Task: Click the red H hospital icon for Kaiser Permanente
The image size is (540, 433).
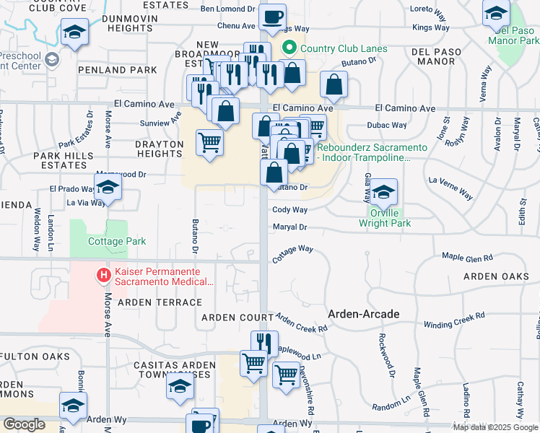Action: click(x=104, y=275)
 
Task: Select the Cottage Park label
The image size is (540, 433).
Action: click(x=117, y=242)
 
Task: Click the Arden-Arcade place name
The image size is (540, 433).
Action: click(x=363, y=314)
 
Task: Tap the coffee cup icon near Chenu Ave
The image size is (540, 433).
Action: click(x=272, y=17)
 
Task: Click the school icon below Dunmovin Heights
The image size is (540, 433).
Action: click(x=74, y=32)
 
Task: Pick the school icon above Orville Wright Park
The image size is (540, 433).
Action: click(x=384, y=191)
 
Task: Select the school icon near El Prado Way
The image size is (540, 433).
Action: click(x=108, y=187)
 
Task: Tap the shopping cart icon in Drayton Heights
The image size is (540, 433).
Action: click(x=209, y=142)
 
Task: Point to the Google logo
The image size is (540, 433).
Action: click(x=24, y=424)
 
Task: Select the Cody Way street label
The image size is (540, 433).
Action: click(x=289, y=210)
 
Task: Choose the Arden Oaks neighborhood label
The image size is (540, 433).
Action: click(x=496, y=276)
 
